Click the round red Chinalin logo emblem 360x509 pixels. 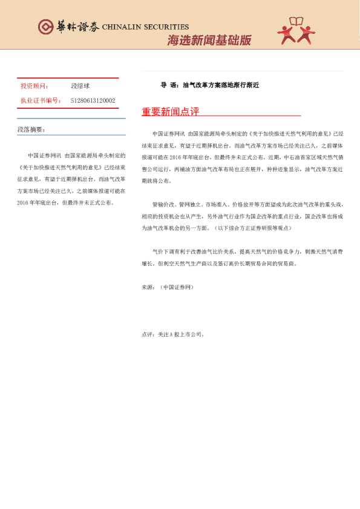45,27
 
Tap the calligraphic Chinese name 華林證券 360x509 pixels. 77,27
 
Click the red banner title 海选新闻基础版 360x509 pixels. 209,41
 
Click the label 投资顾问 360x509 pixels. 34,86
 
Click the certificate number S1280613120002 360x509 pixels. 93,100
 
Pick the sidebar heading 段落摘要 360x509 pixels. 31,129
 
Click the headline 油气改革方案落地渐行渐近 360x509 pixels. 221,85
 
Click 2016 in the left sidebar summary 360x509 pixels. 24,203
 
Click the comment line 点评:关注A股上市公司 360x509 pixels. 173,333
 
